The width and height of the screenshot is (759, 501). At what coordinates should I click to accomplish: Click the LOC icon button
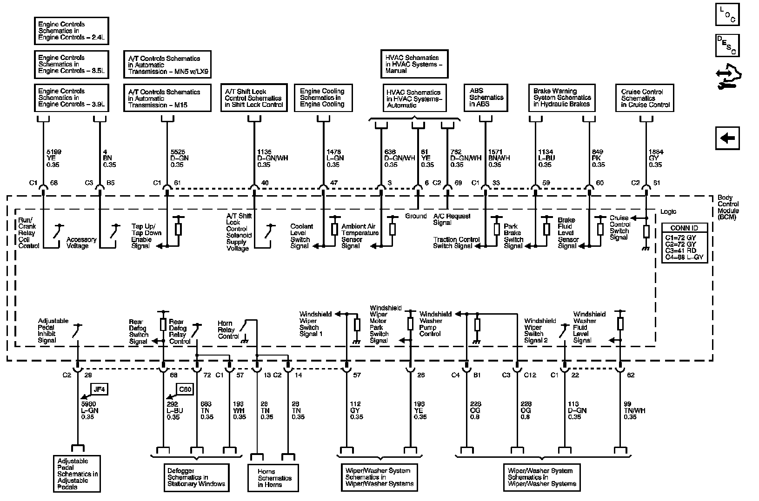point(727,14)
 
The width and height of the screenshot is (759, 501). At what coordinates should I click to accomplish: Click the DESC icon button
point(727,45)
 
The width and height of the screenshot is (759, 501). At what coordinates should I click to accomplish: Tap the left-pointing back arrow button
point(727,138)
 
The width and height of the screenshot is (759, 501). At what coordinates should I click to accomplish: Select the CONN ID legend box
point(684,243)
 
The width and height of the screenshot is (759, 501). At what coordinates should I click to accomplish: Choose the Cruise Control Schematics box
point(645,98)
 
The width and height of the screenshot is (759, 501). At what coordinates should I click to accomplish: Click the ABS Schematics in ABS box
point(486,97)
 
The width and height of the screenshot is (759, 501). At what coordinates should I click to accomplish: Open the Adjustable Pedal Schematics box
point(77,474)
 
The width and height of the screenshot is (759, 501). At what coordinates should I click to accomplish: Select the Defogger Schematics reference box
point(196,477)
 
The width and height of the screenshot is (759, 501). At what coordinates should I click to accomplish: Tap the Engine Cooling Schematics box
point(322,98)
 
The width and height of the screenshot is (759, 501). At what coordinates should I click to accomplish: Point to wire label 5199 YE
point(53,158)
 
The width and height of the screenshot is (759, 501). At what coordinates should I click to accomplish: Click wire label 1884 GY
point(656,158)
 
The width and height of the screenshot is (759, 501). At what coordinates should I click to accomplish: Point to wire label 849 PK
point(598,158)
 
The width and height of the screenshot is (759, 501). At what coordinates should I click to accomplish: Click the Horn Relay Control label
point(228,330)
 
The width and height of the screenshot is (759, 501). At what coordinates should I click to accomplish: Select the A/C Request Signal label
point(452,219)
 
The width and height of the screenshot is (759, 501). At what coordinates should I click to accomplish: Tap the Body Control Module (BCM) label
point(728,207)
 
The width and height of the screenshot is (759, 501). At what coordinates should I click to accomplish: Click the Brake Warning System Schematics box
point(562,98)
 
